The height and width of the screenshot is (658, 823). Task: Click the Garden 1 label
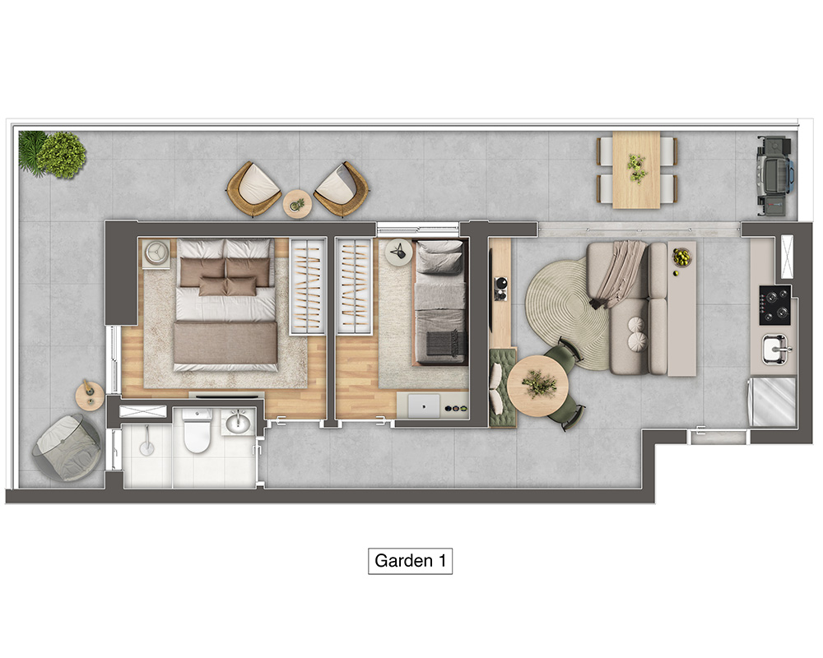click(410, 561)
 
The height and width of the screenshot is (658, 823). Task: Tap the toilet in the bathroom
click(197, 431)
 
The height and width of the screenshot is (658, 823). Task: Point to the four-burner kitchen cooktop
click(774, 305)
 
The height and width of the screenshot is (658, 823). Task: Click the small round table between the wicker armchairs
click(298, 204)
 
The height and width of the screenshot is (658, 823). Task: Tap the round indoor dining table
click(538, 387)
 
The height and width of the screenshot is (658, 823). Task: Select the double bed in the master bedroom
click(226, 305)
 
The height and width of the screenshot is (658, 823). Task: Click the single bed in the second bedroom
click(440, 302)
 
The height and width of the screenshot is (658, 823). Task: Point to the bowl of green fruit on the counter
click(681, 257)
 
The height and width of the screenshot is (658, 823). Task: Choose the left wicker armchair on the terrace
click(254, 189)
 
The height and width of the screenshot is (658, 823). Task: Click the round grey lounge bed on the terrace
click(67, 447)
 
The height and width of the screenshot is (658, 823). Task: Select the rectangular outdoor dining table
click(636, 169)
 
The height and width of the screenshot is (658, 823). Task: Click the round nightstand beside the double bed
click(156, 253)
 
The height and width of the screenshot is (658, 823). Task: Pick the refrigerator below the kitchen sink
click(773, 401)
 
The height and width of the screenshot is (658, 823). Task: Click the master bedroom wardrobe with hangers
click(308, 286)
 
